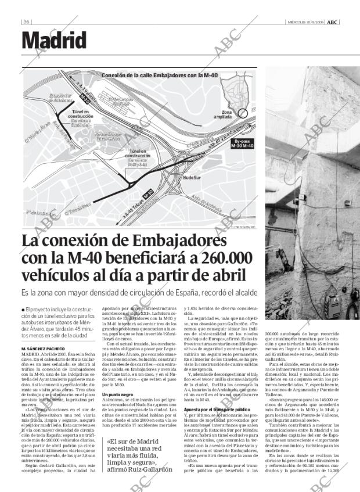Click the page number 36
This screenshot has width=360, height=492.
(27, 22)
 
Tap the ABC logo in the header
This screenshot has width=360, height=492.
(332, 22)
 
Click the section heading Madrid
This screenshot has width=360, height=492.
(54, 40)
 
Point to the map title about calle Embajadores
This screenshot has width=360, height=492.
(152, 75)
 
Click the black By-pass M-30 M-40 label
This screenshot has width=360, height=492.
(243, 143)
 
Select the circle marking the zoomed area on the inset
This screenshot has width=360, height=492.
(244, 112)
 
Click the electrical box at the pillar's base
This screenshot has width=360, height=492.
(333, 303)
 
